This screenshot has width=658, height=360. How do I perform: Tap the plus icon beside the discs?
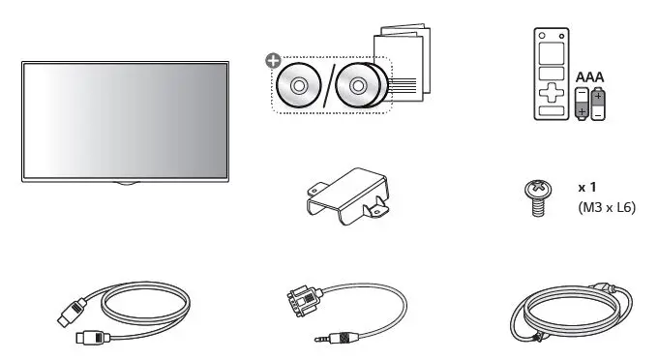tap(274, 61)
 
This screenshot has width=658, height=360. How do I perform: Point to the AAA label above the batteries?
tap(590, 75)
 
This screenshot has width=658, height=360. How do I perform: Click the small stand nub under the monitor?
tap(123, 182)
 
